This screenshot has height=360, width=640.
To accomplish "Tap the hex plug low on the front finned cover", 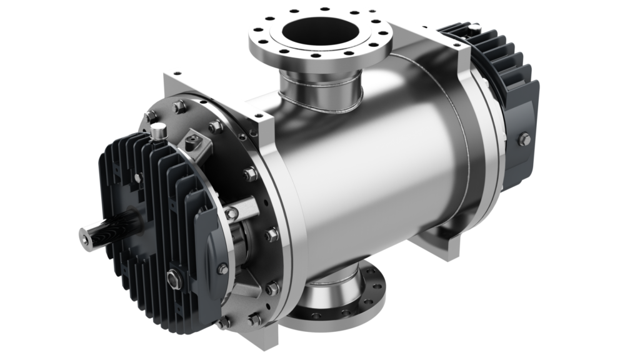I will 172,275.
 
